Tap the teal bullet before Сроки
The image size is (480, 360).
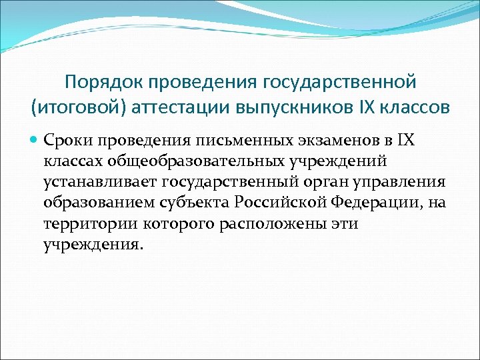click(x=35, y=141)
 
